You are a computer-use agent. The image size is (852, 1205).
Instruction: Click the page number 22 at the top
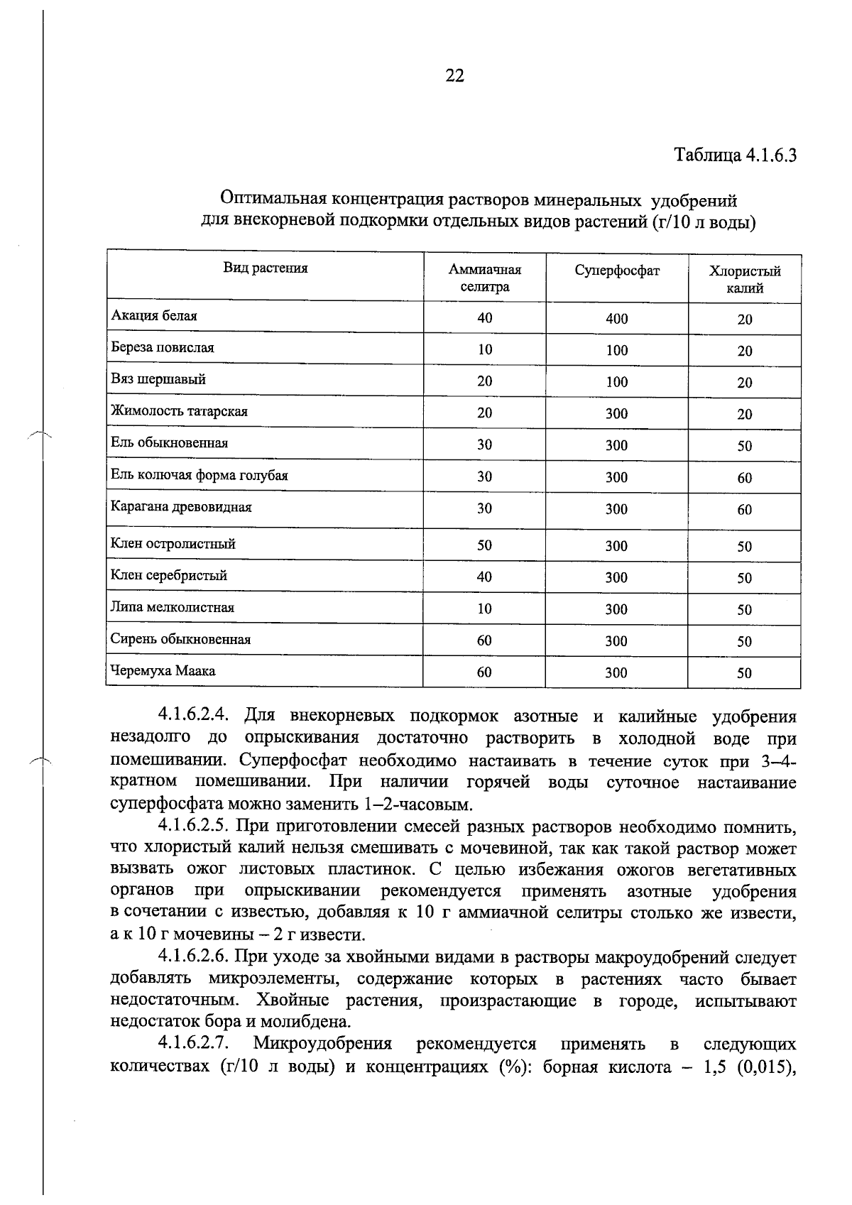pos(454,76)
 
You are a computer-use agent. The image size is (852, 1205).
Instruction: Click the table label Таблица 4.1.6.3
pos(735,156)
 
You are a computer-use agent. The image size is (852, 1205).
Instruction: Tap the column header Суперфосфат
pos(617,271)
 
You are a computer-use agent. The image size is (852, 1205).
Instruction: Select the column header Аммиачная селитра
pos(485,278)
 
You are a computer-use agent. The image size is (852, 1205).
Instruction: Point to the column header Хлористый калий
pos(745,280)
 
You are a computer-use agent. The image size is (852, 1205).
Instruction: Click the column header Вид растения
pos(266,268)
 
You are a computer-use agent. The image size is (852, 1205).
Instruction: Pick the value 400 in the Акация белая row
pos(617,320)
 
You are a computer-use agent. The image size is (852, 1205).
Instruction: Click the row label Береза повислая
pos(163,348)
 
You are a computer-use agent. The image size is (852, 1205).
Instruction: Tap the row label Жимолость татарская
pos(179,412)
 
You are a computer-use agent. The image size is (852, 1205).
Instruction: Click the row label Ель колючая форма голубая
pos(200,476)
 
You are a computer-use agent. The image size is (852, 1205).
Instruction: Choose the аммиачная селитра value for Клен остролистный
pos(484,545)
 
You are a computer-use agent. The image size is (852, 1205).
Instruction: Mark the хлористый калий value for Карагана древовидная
pos(744,510)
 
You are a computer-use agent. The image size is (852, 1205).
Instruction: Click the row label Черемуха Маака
pos(163,671)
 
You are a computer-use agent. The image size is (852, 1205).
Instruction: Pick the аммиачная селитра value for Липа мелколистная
pos(484,609)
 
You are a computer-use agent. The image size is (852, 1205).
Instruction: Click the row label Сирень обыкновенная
pos(180,639)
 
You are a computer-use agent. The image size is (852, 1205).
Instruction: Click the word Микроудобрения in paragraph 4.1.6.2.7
pos(323,1045)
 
